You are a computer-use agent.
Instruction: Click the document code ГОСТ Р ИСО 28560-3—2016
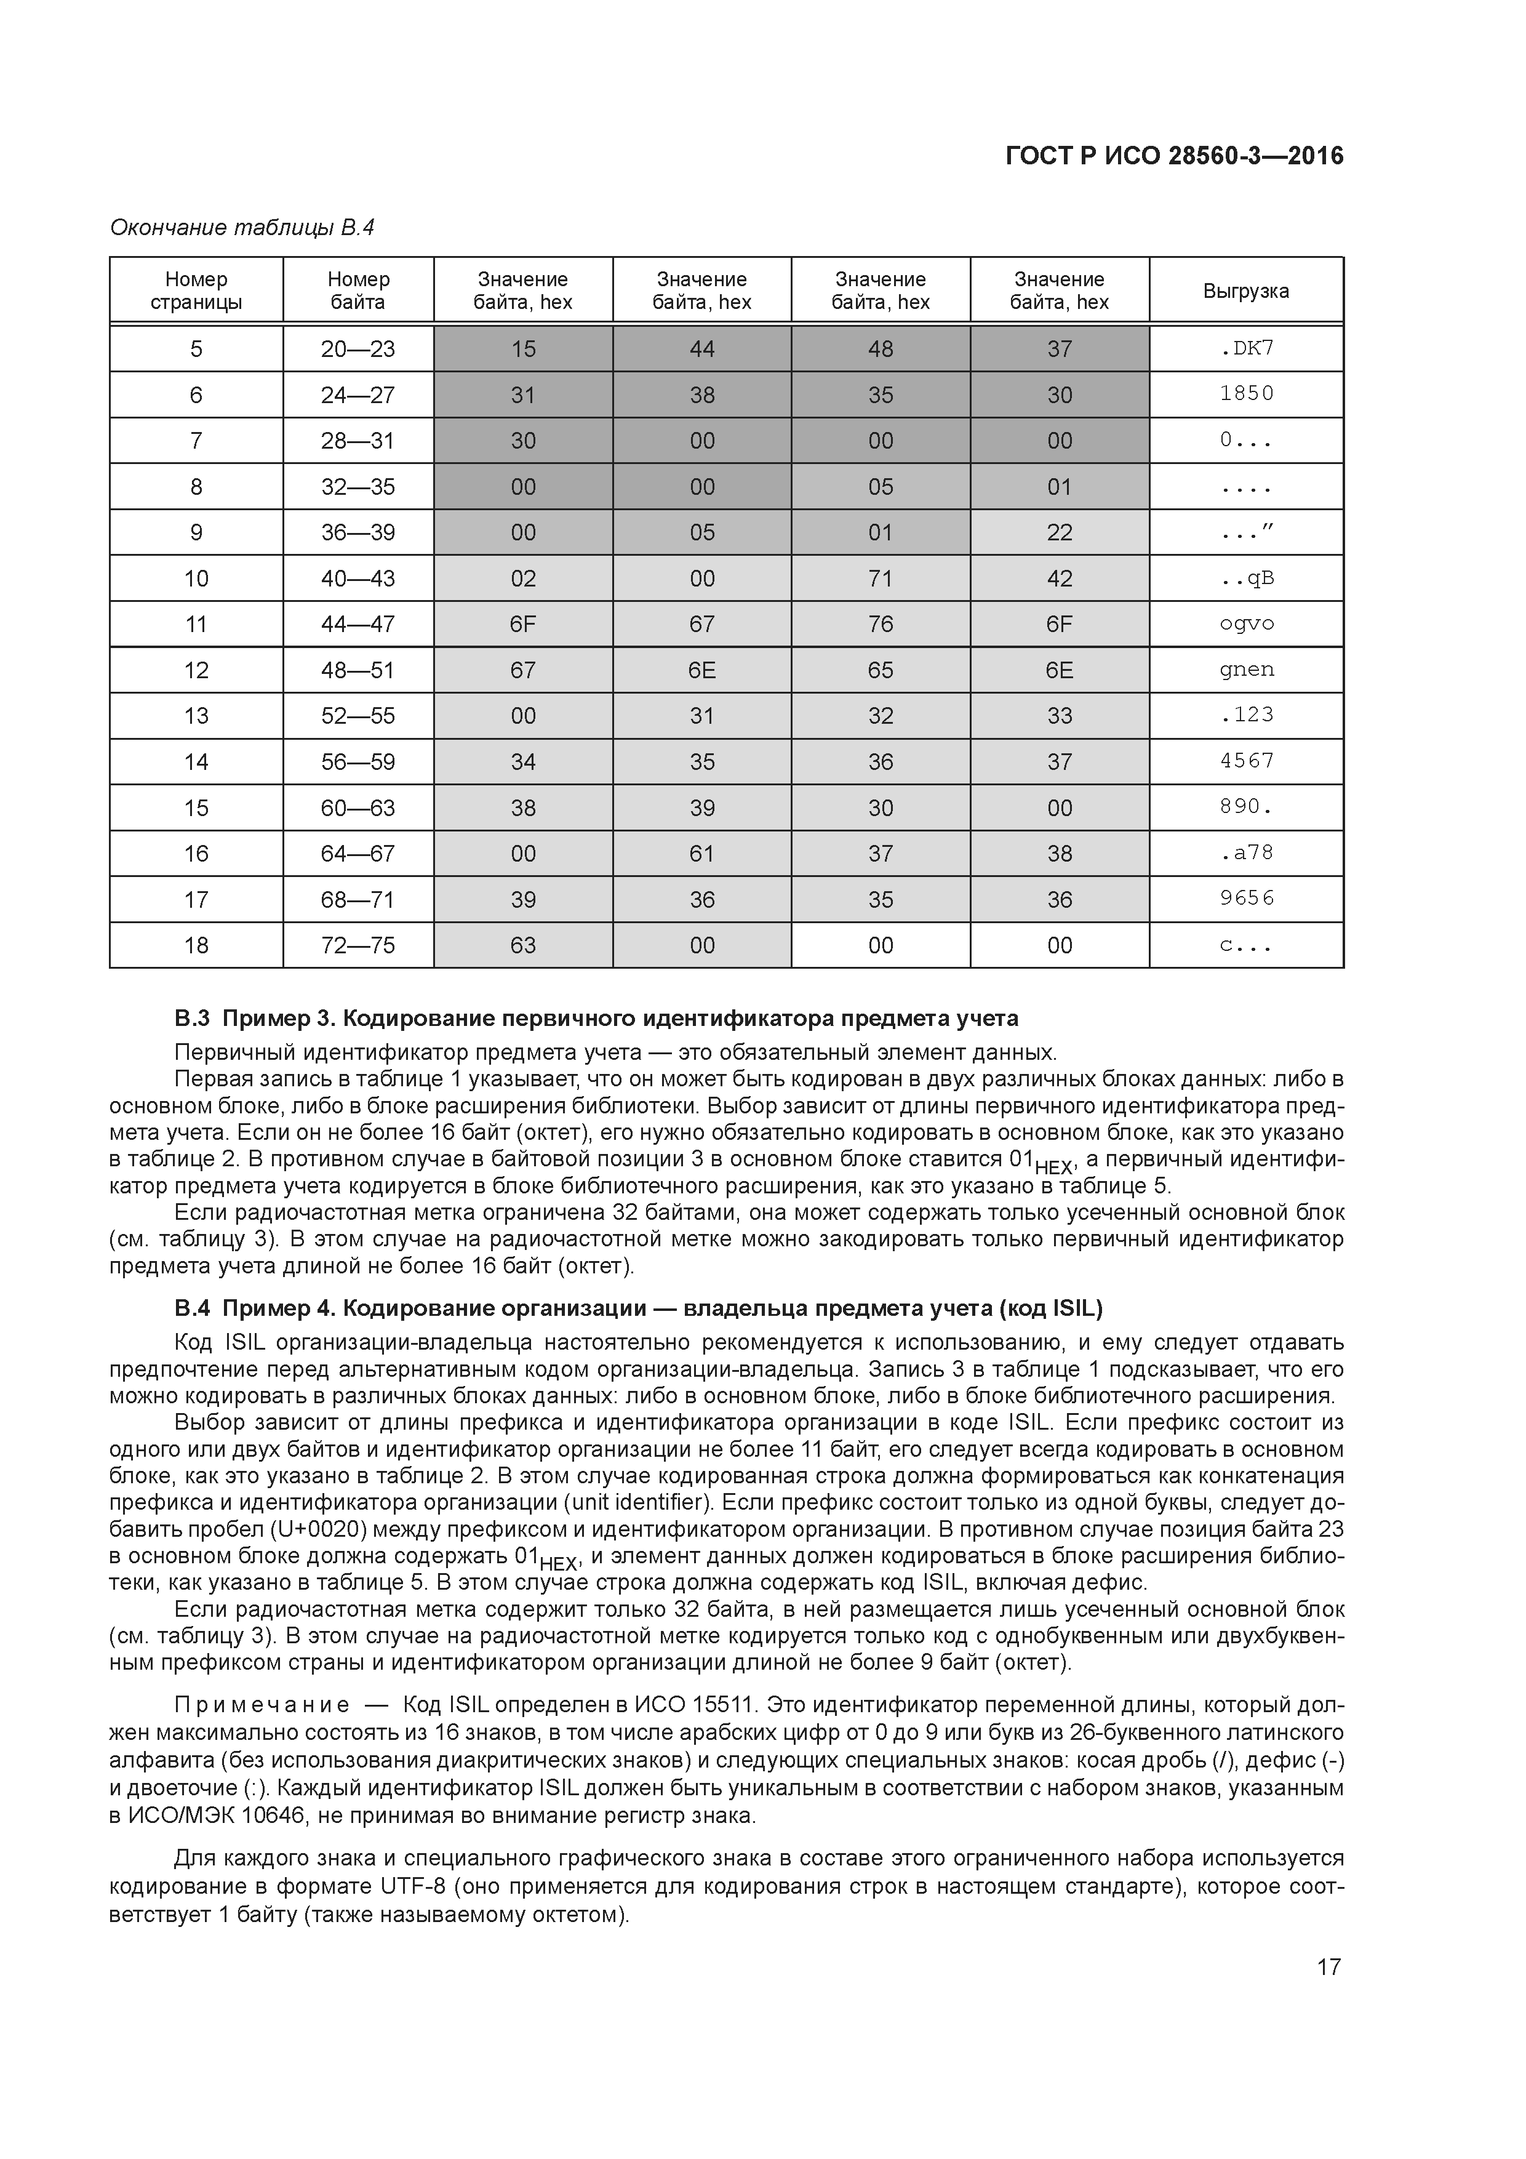click(1173, 156)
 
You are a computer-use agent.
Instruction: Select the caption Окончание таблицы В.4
click(242, 228)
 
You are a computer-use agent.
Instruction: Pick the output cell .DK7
click(1246, 349)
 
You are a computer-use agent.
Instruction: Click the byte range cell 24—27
click(358, 395)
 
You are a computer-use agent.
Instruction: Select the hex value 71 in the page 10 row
click(880, 579)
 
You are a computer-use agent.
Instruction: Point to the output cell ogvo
click(1246, 625)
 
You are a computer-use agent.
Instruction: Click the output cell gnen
click(1246, 670)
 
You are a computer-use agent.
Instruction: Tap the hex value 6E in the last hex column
click(1059, 670)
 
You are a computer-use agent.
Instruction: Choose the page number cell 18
click(196, 946)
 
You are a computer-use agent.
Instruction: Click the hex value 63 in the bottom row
click(523, 946)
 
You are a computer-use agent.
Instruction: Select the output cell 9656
click(1246, 900)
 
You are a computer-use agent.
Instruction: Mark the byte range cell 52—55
click(358, 716)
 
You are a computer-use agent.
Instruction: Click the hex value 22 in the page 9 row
click(1059, 533)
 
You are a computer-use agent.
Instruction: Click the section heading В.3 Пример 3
click(596, 1019)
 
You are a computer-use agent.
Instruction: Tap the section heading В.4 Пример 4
click(637, 1309)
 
